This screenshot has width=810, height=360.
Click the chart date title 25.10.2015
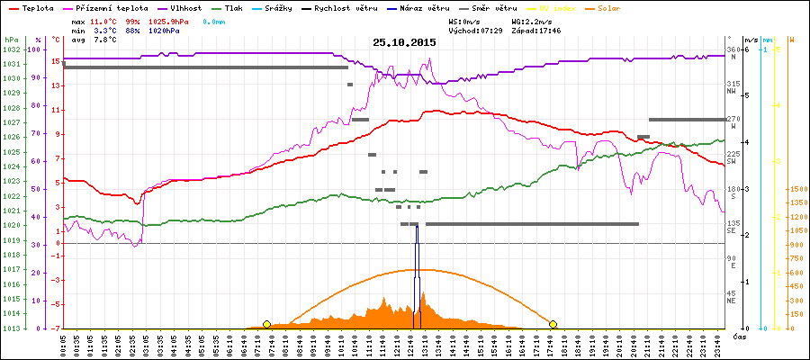click(405, 42)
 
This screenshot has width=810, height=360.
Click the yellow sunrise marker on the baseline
click(266, 324)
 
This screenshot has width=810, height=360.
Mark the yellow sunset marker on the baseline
click(553, 324)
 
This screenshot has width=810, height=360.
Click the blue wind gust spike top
click(416, 226)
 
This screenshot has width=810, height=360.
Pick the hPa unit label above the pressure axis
click(10, 40)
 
